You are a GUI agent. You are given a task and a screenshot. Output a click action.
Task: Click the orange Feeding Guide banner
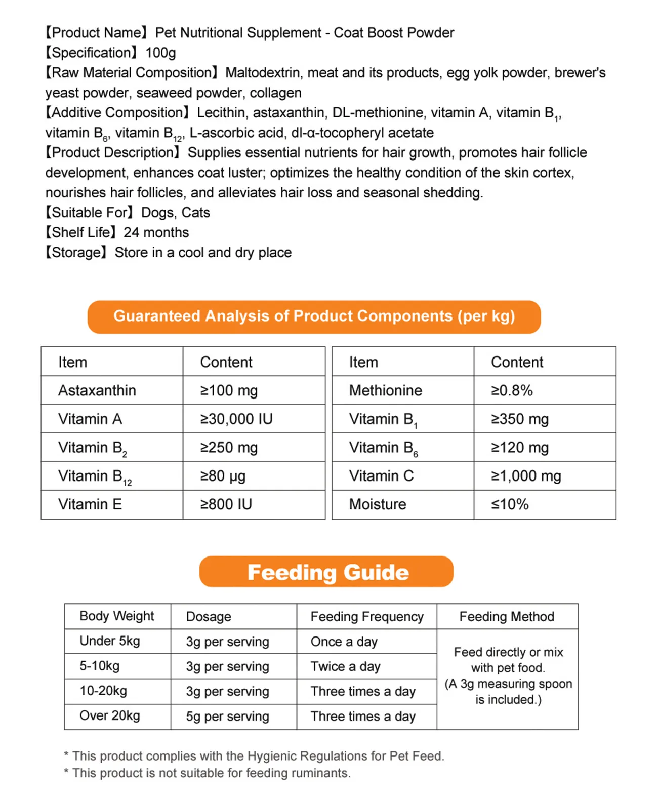pyautogui.click(x=326, y=572)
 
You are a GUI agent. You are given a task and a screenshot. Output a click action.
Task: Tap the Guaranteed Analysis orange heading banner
pyautogui.click(x=314, y=316)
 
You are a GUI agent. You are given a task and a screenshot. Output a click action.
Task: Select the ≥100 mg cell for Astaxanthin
pyautogui.click(x=229, y=390)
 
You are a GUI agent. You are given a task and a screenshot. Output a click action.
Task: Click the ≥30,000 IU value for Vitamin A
pyautogui.click(x=236, y=419)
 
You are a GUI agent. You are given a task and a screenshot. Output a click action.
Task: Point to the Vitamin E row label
pyautogui.click(x=90, y=504)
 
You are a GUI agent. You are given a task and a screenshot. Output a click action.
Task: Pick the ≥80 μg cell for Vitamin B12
pyautogui.click(x=223, y=476)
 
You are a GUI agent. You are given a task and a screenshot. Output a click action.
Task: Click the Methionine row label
pyautogui.click(x=385, y=390)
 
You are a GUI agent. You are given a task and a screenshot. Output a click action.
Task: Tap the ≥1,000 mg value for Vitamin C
pyautogui.click(x=526, y=476)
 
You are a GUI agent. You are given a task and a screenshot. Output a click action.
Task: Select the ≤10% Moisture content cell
pyautogui.click(x=510, y=504)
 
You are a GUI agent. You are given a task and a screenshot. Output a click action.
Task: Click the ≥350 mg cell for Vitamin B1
pyautogui.click(x=520, y=419)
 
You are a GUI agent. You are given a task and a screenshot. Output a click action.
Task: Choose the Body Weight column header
pyautogui.click(x=117, y=616)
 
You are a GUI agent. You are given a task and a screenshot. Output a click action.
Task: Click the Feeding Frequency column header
pyautogui.click(x=367, y=616)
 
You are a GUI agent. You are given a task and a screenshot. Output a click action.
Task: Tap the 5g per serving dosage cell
pyautogui.click(x=227, y=716)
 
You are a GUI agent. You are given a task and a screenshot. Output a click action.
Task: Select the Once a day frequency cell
pyautogui.click(x=344, y=642)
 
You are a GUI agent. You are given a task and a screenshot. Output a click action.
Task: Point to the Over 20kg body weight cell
pyautogui.click(x=110, y=715)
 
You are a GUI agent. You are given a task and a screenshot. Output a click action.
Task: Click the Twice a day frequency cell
pyautogui.click(x=346, y=666)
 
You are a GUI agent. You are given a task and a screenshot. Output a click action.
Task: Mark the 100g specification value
pyautogui.click(x=160, y=53)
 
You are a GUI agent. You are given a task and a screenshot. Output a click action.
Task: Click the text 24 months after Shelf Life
pyautogui.click(x=156, y=232)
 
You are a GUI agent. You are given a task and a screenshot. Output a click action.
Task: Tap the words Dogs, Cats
pyautogui.click(x=175, y=213)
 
